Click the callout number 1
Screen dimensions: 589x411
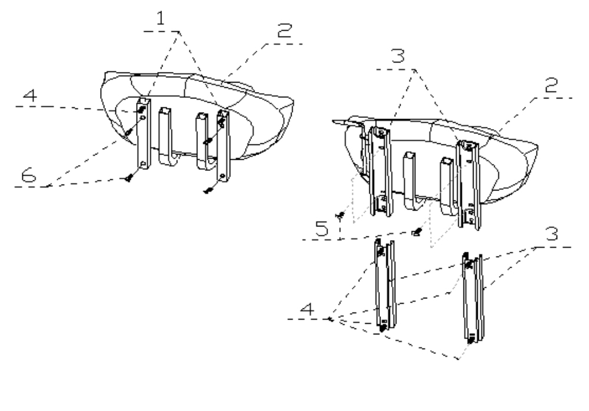click(161, 18)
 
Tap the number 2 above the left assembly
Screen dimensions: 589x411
click(284, 31)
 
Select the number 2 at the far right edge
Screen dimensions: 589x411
click(551, 86)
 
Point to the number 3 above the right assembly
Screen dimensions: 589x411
click(398, 55)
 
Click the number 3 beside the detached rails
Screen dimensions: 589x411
click(552, 234)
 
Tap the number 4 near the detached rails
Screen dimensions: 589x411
click(307, 309)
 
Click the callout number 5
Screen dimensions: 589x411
click(322, 228)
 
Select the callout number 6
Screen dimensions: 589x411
click(29, 175)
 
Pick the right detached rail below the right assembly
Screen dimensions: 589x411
click(473, 297)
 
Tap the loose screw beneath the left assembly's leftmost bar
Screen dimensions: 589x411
click(129, 177)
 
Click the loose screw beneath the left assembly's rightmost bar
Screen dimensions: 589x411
click(208, 190)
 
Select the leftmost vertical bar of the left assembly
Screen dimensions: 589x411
click(143, 133)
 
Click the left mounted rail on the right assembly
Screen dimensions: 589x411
click(380, 171)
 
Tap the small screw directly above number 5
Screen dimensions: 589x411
click(340, 215)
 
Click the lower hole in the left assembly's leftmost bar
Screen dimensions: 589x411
click(143, 163)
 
